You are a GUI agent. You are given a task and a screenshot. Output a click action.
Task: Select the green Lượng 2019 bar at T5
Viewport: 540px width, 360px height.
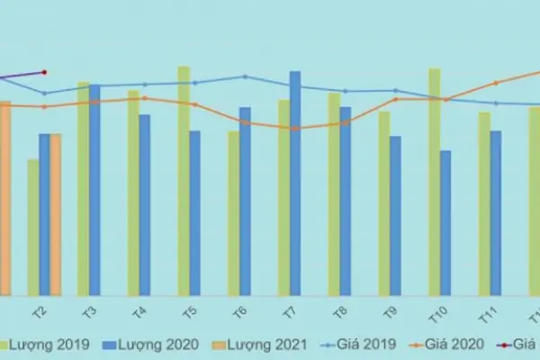coord(184,180)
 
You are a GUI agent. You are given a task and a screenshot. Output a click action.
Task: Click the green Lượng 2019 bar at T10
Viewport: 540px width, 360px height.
coord(435,181)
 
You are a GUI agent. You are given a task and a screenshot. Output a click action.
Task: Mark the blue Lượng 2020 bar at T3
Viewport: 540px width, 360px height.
coord(94,189)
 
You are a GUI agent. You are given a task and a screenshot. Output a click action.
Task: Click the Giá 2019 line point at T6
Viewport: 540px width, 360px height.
coord(245,76)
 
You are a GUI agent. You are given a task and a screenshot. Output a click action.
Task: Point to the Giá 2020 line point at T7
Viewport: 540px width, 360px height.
coord(294,128)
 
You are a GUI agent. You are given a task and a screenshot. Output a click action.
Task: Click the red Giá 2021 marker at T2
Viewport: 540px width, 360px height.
coord(44,72)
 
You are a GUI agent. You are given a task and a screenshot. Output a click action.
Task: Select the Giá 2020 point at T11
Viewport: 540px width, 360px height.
coord(496,84)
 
